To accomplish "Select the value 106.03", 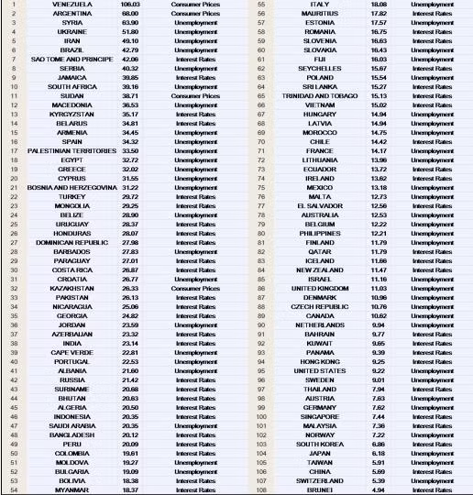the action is [x=130, y=5].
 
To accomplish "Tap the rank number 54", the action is [x=14, y=490].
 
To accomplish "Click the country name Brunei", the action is [x=320, y=490].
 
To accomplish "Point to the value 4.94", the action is [x=378, y=490].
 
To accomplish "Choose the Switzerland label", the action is [x=320, y=480].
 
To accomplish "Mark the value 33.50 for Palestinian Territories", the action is [x=130, y=150].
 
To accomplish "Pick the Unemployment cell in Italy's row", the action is [x=432, y=5].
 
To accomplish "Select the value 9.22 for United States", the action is [x=378, y=370].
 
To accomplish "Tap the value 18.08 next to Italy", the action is [x=378, y=5].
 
